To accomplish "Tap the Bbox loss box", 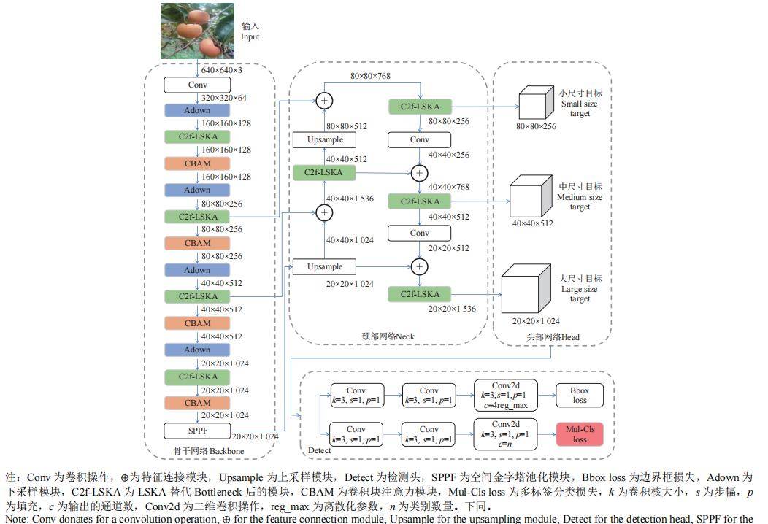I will (x=580, y=395).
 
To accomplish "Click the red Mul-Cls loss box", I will (x=580, y=434).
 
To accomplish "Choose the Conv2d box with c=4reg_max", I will (x=505, y=395).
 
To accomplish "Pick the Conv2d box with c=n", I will (x=505, y=434).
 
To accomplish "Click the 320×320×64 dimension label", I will (x=224, y=98).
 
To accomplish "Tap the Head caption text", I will (x=553, y=337).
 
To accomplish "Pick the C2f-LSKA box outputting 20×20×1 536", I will (x=420, y=294).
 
